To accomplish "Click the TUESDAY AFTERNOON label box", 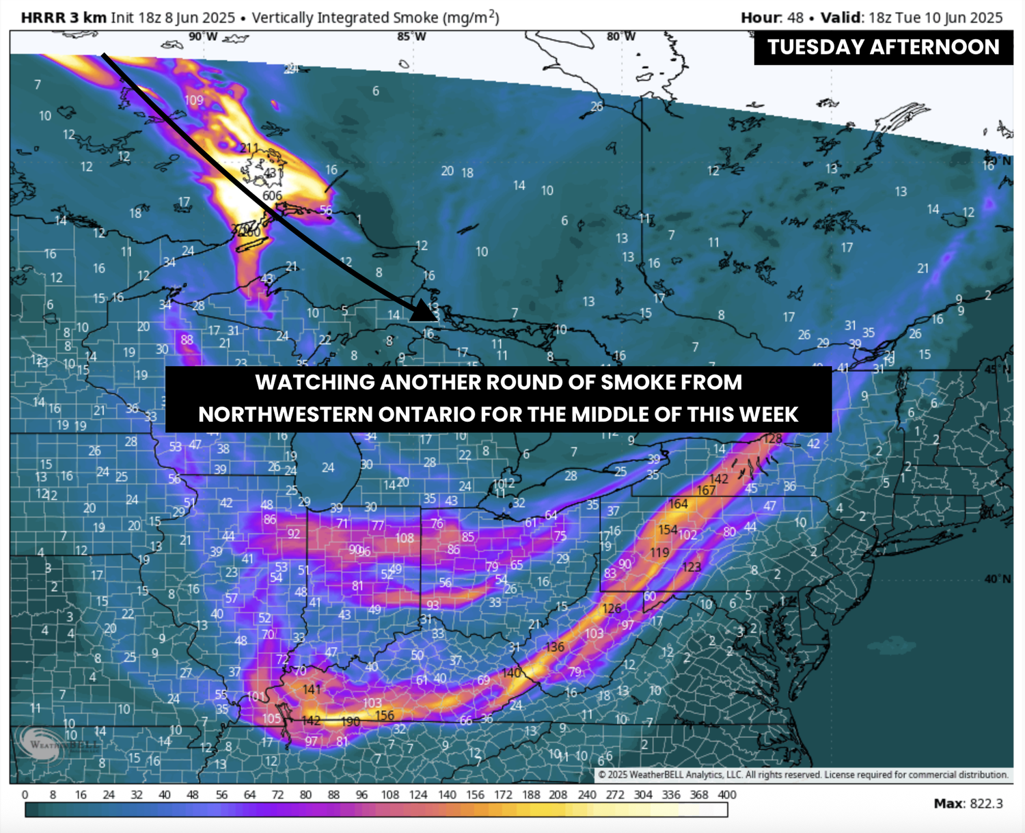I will [x=883, y=47].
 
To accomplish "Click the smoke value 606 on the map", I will [x=272, y=196].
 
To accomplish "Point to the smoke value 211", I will [x=249, y=148].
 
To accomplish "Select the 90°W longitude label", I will [x=203, y=36].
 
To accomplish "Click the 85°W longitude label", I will [x=411, y=36].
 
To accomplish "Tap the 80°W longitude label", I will [x=620, y=36].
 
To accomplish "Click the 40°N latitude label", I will [x=998, y=579].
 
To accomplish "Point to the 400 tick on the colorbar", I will [x=727, y=795].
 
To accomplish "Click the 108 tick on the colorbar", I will [x=390, y=795].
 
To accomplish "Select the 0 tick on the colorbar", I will [x=25, y=795].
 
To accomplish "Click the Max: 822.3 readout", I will [x=968, y=804].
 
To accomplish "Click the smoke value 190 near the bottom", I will [x=350, y=721].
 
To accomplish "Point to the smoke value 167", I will [x=706, y=490].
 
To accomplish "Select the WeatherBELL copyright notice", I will [x=803, y=775].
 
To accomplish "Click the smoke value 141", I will [x=312, y=689].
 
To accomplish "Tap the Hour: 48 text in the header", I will [x=772, y=18].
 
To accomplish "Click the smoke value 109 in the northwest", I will [x=193, y=100].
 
